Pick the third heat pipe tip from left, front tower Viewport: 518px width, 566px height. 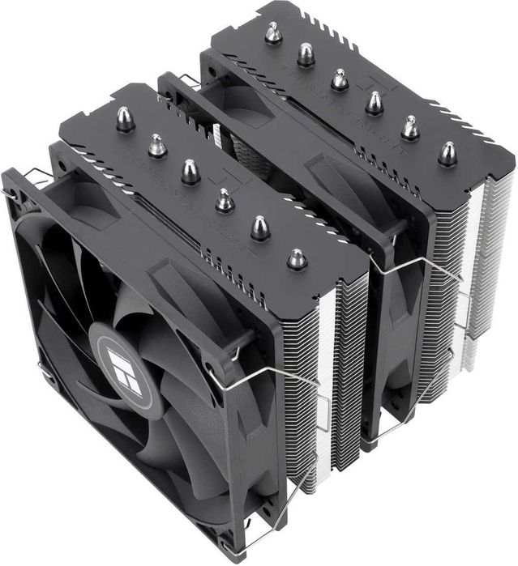[x=190, y=171]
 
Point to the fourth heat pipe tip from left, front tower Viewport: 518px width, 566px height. [x=225, y=199]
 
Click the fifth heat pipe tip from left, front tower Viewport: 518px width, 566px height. [x=260, y=228]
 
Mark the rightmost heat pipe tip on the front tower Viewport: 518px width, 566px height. [x=298, y=259]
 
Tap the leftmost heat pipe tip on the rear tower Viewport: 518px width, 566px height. [x=273, y=33]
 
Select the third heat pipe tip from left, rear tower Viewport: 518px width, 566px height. [x=340, y=79]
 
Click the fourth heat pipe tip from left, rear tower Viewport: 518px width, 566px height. [x=374, y=101]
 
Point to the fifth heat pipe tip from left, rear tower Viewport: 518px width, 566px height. [x=410, y=126]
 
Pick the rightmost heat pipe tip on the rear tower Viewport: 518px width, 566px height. [x=447, y=153]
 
